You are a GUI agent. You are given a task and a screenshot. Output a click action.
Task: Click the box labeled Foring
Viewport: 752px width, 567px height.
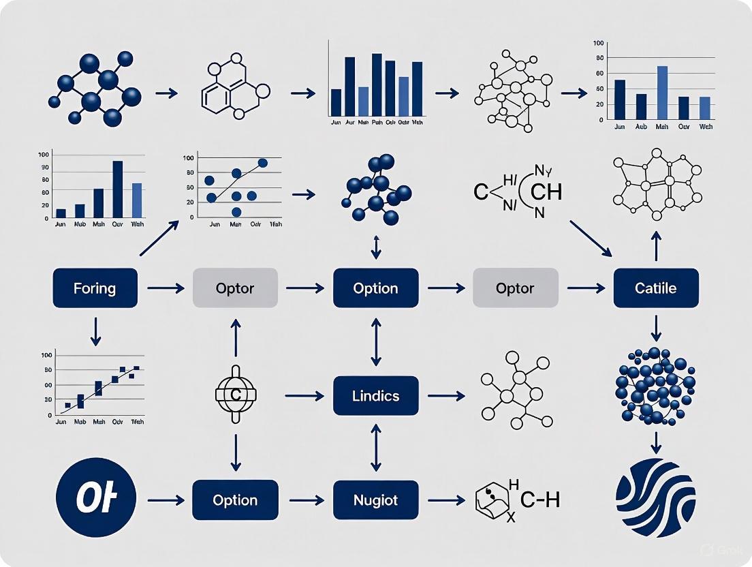coord(95,288)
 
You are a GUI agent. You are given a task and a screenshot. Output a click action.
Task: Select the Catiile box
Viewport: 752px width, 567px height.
coord(656,288)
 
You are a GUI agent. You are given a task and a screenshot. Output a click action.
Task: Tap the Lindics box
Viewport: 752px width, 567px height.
coord(375,395)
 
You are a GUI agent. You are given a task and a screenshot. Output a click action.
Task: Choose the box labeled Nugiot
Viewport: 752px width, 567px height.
coord(375,500)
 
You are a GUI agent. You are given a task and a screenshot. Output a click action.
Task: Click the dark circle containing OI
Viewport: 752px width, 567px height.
coord(96,499)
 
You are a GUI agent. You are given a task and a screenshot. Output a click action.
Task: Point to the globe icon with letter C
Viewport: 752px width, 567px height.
coord(236,395)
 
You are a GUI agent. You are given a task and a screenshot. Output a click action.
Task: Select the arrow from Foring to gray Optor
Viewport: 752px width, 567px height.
coord(165,288)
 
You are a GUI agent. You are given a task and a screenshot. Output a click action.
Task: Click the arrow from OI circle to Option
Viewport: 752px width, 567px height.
coord(165,501)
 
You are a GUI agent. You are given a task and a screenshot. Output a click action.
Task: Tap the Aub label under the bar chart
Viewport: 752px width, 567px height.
coord(642,127)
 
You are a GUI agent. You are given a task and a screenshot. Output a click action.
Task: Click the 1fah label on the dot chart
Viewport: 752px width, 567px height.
coord(276,224)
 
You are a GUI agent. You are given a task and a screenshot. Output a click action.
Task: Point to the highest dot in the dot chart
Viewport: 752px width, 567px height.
coord(262,163)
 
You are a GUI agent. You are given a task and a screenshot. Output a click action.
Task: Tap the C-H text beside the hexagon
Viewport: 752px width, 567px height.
coord(540,501)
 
